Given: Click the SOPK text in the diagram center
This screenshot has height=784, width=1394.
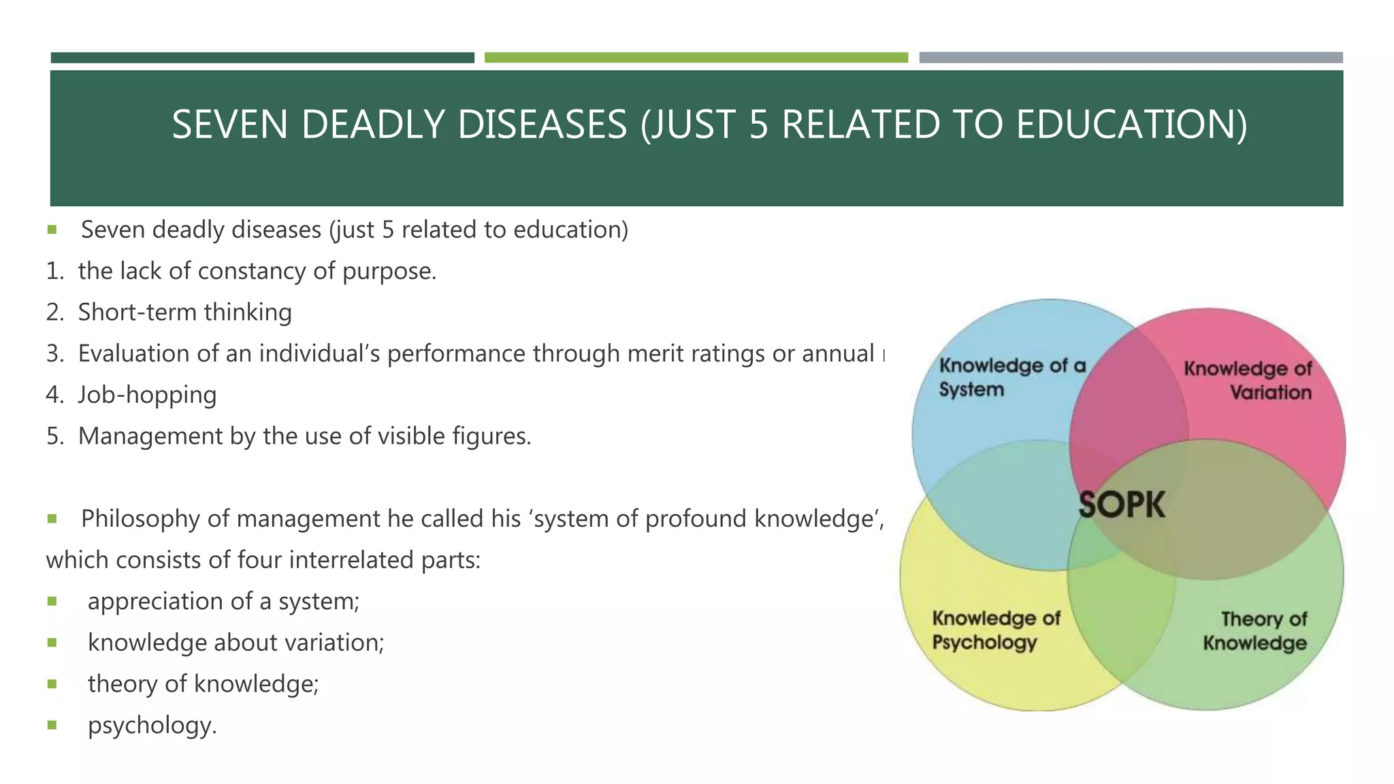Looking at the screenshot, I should point(1122,505).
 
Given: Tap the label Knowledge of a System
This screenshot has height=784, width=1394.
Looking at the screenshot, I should point(1011,378).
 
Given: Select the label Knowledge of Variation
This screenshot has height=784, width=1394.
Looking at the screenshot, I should point(1247,380).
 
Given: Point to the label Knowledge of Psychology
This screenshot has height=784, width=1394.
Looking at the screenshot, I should point(996,630).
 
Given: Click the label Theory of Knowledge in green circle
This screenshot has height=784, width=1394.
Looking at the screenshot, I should point(1254,631).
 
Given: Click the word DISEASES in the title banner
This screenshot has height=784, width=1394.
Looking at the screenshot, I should point(541,125).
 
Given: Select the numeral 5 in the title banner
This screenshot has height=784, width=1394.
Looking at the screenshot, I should point(758,125).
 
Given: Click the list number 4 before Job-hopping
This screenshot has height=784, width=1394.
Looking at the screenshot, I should point(54,395).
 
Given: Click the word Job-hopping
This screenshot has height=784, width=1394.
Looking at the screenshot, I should point(147,395).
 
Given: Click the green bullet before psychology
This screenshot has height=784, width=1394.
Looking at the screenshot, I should point(52,725).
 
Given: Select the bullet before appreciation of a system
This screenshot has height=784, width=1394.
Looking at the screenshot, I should point(52,601).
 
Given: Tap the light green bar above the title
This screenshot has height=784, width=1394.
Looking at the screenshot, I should point(696,58).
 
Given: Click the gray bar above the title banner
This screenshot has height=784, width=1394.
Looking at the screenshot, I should point(1131,58).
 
